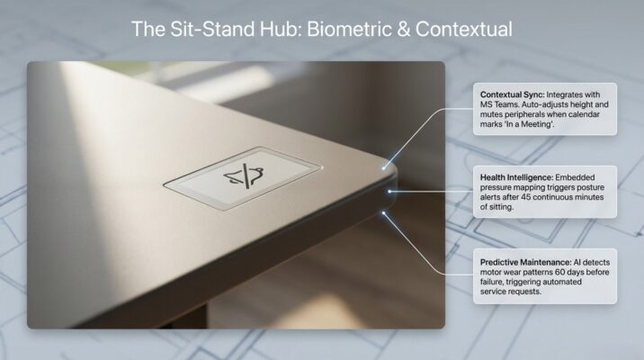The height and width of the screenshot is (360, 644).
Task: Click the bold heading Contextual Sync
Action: (x=513, y=94)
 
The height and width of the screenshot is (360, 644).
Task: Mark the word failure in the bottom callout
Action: (x=495, y=282)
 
